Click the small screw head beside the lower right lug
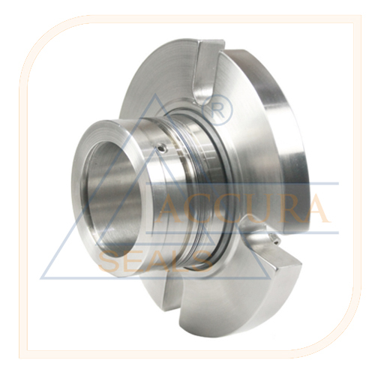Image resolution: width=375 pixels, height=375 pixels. pos(274,238)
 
